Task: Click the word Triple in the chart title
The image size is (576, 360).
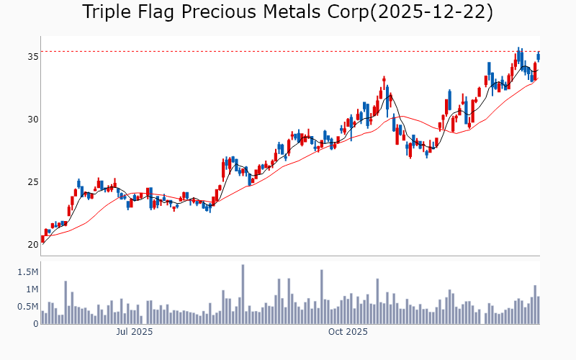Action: (x=107, y=12)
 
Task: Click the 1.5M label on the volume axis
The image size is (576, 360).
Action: (x=27, y=272)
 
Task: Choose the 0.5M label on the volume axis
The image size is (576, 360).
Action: (x=27, y=307)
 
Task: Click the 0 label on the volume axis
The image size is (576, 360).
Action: (x=35, y=324)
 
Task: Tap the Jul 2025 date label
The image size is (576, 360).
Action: (x=135, y=333)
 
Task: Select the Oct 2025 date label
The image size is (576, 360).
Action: (x=348, y=333)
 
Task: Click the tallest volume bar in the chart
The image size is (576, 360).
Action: (x=243, y=294)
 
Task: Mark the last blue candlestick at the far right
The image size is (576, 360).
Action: (x=538, y=56)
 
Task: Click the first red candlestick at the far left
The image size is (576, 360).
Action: (x=43, y=239)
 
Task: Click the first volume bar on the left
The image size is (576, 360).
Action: (x=42, y=318)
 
